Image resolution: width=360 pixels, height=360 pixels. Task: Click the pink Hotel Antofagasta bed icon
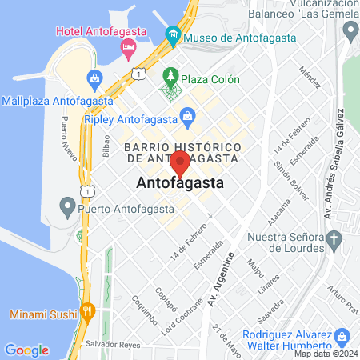pyautogui.click(x=127, y=49)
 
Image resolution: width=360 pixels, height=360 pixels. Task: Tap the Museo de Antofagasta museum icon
pyautogui.click(x=172, y=36)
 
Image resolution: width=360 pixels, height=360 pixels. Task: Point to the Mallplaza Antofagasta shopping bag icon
pyautogui.click(x=94, y=79)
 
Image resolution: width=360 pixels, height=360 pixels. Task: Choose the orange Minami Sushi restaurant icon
pyautogui.click(x=90, y=311)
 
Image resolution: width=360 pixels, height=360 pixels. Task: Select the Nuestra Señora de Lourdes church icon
pyautogui.click(x=335, y=238)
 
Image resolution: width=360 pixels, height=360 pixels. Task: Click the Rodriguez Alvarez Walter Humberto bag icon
pyautogui.click(x=342, y=336)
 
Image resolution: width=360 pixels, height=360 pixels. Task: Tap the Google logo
pyautogui.click(x=26, y=350)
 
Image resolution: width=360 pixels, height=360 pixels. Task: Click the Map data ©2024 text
pyautogui.click(x=325, y=354)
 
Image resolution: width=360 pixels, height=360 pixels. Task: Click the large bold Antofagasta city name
pyautogui.click(x=180, y=183)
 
